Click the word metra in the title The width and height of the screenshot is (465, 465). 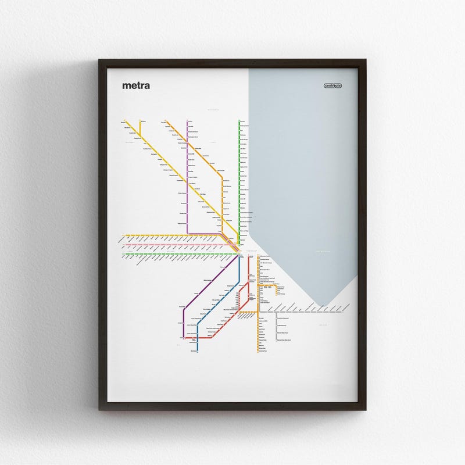pos(136,86)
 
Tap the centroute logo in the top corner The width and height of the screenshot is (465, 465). pos(333,86)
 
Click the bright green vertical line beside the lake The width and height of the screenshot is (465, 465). pos(239,174)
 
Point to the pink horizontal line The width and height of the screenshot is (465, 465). pos(174,245)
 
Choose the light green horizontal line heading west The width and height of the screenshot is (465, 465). pos(174,254)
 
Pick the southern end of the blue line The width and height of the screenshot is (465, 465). pos(198,350)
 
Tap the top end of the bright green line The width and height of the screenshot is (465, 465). pos(239,120)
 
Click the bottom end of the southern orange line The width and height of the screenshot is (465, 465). pos(259,351)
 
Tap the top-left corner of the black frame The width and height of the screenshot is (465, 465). pos(101,60)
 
